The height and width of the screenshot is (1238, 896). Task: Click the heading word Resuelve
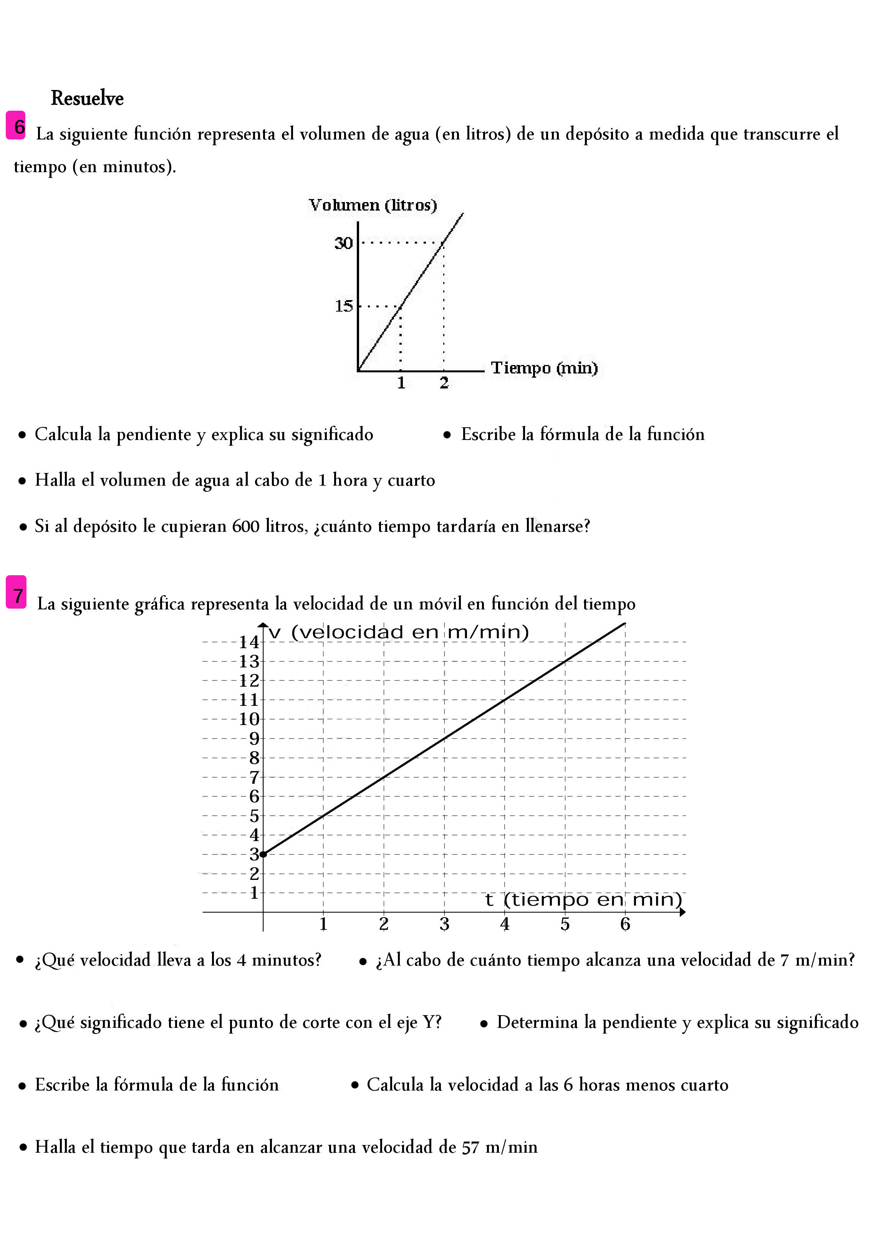pos(87,98)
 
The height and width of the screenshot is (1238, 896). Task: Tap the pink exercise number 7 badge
pos(17,592)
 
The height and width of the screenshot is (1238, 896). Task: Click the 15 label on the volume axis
pos(344,306)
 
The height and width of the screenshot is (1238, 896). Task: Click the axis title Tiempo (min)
pos(544,368)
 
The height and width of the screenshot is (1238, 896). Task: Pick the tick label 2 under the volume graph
pos(444,383)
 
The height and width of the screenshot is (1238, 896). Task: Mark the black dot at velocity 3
pos(263,854)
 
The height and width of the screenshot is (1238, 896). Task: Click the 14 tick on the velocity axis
pos(249,642)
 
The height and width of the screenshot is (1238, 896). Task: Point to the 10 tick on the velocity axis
pos(249,719)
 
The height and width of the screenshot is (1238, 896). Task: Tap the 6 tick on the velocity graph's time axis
pos(625,924)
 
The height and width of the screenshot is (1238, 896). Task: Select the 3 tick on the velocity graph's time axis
pos(444,924)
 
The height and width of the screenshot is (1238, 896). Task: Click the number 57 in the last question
pos(470,1147)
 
